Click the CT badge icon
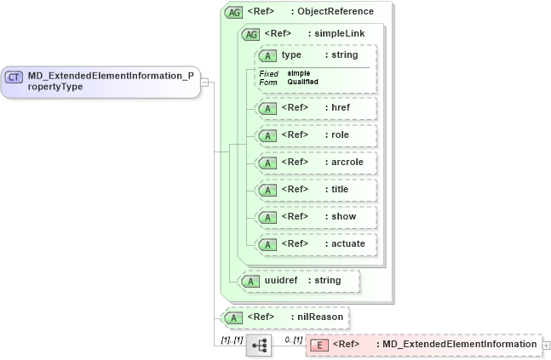(x=14, y=77)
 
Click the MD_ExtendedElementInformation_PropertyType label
(x=110, y=81)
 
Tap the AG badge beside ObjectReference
(x=232, y=12)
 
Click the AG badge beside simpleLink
(x=251, y=34)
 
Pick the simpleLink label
(x=336, y=34)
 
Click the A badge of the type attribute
(x=268, y=55)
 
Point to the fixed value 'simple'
(x=298, y=73)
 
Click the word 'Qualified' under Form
(x=302, y=82)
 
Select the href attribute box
(x=315, y=108)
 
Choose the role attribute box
(x=315, y=135)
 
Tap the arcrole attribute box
(x=315, y=162)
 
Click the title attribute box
(x=315, y=189)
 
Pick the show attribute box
(x=315, y=216)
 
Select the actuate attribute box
(x=315, y=243)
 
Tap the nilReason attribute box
(x=285, y=317)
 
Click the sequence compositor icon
(x=259, y=345)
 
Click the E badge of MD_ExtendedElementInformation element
(x=319, y=345)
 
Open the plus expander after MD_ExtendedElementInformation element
(x=546, y=345)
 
